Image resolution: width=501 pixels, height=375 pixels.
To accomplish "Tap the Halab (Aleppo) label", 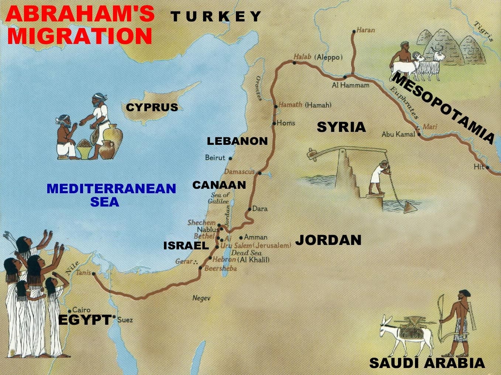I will (x=318, y=57).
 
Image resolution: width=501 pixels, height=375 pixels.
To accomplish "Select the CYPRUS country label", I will (x=152, y=108).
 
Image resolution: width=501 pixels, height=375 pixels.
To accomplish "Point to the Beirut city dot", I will (x=230, y=158).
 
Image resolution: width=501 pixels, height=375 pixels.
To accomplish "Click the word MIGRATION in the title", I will (x=79, y=36).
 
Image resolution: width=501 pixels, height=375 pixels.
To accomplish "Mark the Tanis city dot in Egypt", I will (x=93, y=274).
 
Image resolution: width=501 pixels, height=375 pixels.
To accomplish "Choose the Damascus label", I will (x=239, y=172).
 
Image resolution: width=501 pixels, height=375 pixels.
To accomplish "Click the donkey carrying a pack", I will (x=406, y=334).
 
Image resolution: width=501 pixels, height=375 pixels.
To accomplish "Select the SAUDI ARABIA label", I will (x=427, y=363).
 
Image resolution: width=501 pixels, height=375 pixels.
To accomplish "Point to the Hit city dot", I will (x=488, y=167).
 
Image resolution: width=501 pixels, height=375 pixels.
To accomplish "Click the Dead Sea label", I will (x=246, y=253).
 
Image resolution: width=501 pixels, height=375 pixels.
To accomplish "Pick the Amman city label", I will (x=255, y=237).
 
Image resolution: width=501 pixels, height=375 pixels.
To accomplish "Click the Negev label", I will (x=201, y=298).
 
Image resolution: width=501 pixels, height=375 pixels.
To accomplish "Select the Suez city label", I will (x=125, y=320).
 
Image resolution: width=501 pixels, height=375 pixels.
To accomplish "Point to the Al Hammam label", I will (x=350, y=85).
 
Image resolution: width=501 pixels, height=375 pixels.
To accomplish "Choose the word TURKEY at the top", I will (x=216, y=17).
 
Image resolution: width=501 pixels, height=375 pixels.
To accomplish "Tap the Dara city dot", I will (x=250, y=209).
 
